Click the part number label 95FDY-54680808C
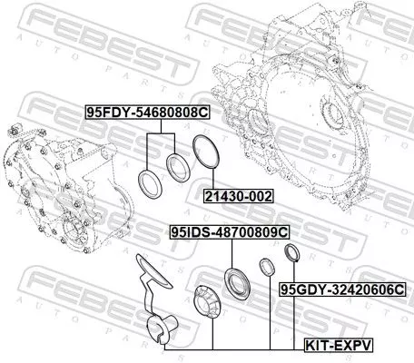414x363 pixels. [147, 113]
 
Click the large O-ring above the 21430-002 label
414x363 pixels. [205, 152]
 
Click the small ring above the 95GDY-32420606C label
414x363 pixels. [291, 253]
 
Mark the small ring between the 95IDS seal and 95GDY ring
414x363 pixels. [267, 267]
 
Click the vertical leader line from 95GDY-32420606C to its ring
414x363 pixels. [291, 272]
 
